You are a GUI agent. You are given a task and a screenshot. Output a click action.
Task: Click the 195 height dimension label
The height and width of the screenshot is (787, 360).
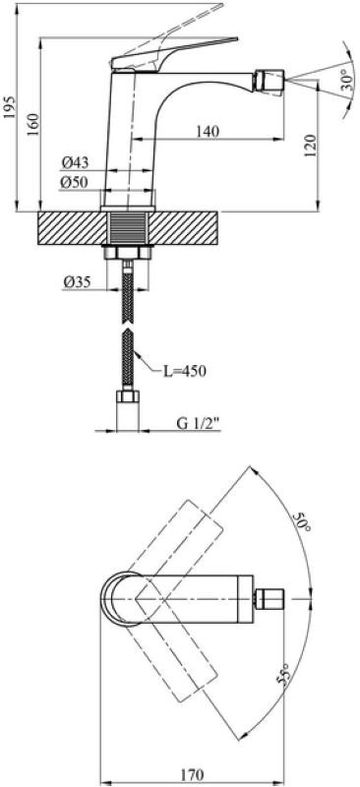pos(10,107)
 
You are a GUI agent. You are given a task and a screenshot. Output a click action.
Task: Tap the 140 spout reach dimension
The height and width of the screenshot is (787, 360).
pos(208,132)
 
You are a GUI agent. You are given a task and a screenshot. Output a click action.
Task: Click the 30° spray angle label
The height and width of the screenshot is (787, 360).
pos(347,79)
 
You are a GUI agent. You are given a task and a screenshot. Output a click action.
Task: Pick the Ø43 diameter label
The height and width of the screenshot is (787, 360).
pos(76,162)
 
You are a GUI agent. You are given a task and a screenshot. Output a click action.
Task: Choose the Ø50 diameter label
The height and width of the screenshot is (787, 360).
pos(74,183)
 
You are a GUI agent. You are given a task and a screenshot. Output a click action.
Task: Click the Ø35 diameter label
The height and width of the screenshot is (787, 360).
pos(77,282)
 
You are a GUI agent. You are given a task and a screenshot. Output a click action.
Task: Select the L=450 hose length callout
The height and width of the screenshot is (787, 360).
pos(185,372)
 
